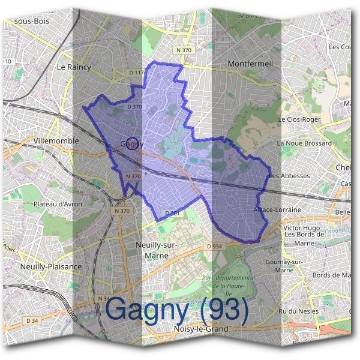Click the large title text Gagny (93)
[x=177, y=310]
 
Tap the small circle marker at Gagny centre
[x=134, y=143]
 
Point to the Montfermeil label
[x=251, y=63]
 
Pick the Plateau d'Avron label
[x=58, y=204]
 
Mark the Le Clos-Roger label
[x=299, y=119]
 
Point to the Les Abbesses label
[x=289, y=176]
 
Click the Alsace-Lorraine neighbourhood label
[x=277, y=209]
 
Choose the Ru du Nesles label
[x=299, y=310]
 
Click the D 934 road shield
[x=214, y=246]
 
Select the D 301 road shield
[x=172, y=213]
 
